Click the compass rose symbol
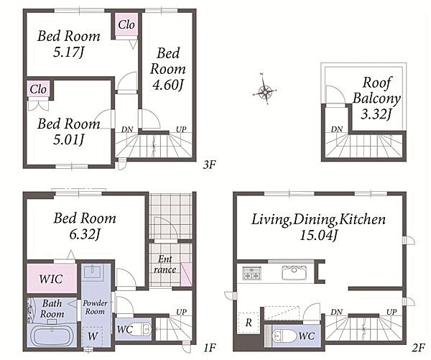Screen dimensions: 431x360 (264, 91)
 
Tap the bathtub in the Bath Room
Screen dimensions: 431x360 (52, 336)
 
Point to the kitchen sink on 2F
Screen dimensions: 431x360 (294, 272)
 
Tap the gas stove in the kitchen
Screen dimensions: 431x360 (251, 273)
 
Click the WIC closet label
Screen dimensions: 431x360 (51, 279)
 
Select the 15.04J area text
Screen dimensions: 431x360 (318, 236)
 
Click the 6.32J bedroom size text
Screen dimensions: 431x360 (84, 234)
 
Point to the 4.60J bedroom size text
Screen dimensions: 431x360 (167, 85)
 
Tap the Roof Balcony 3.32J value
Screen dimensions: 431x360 (376, 114)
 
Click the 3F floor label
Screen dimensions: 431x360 (209, 165)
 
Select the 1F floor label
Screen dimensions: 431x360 (209, 348)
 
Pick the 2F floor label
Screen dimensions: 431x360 (418, 348)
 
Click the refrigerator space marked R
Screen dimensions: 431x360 (249, 323)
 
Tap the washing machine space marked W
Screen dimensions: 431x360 (93, 336)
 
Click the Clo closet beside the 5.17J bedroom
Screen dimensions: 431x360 (126, 24)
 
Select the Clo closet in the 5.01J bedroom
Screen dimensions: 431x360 (38, 89)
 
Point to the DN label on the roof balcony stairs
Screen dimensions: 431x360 (336, 129)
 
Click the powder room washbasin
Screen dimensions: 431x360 (93, 271)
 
